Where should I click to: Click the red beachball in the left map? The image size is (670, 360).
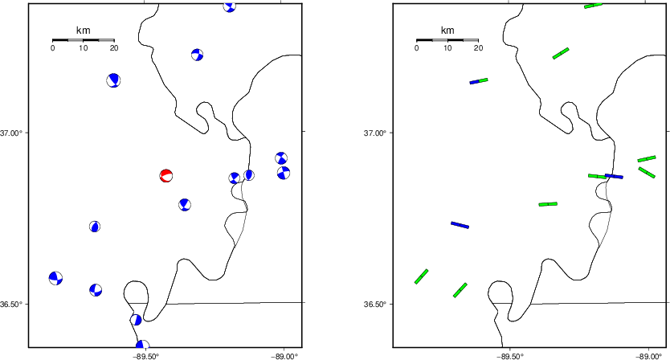pyautogui.click(x=165, y=176)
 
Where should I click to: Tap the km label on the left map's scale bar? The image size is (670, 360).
pyautogui.click(x=83, y=30)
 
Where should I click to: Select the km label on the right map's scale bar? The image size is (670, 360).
pyautogui.click(x=447, y=30)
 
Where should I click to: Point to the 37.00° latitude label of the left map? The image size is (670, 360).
pyautogui.click(x=10, y=133)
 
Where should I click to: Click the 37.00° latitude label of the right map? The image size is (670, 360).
pyautogui.click(x=374, y=133)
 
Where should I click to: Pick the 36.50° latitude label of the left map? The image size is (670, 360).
pyautogui.click(x=10, y=305)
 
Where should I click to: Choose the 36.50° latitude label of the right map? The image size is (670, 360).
pyautogui.click(x=374, y=305)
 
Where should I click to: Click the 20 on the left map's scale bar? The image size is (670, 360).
pyautogui.click(x=113, y=48)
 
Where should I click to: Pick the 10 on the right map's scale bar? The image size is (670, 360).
pyautogui.click(x=447, y=48)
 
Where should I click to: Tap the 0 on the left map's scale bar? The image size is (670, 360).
pyautogui.click(x=52, y=48)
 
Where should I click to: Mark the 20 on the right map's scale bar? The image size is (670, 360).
pyautogui.click(x=478, y=48)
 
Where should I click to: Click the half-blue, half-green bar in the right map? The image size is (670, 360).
pyautogui.click(x=479, y=81)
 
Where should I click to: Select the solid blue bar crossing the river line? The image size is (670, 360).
pyautogui.click(x=614, y=176)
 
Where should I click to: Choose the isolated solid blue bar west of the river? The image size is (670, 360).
pyautogui.click(x=460, y=225)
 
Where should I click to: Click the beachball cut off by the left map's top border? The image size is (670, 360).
pyautogui.click(x=230, y=7)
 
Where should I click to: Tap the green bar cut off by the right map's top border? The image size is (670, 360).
pyautogui.click(x=593, y=6)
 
